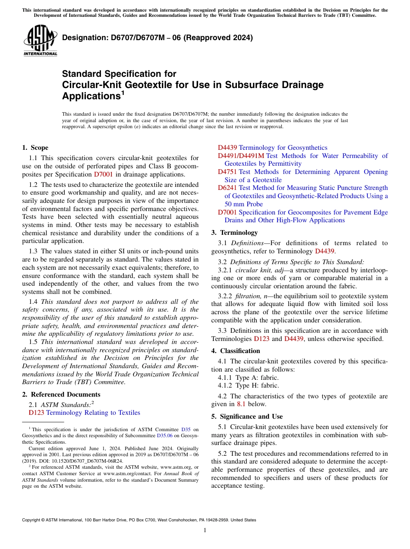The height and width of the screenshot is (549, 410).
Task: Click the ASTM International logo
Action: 40,41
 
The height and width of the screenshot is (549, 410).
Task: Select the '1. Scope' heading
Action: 35,148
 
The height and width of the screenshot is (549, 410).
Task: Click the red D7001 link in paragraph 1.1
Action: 103,174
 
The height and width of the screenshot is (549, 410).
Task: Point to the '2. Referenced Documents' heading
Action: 61,394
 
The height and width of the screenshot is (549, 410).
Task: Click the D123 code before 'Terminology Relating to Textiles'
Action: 36,413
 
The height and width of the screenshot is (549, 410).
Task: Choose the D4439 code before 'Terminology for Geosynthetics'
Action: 227,148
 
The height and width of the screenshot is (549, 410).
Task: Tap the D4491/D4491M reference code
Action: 241,156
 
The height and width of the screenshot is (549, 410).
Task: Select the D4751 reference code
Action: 227,172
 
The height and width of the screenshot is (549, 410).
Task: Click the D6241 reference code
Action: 227,188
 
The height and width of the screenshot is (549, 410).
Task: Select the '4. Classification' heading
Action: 236,351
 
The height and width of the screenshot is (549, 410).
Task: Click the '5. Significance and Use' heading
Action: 247,416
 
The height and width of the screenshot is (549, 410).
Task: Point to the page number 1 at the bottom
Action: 205,530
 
